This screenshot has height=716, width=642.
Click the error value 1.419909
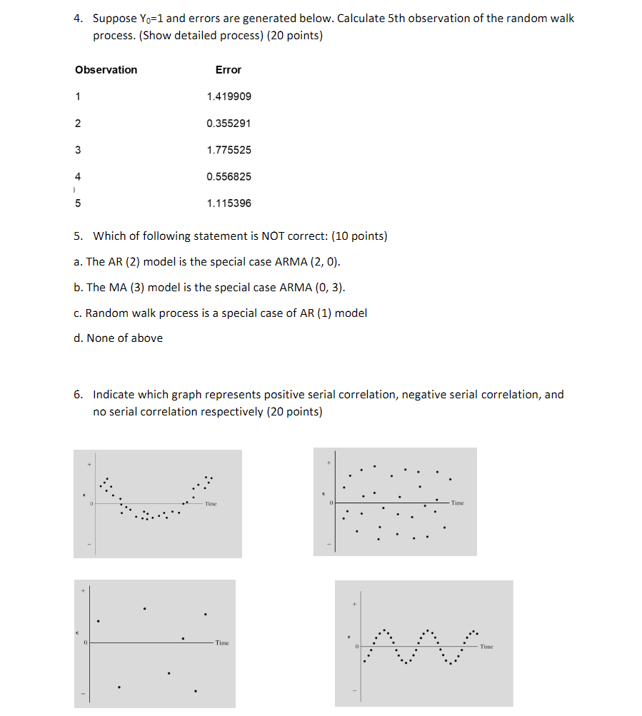pyautogui.click(x=229, y=96)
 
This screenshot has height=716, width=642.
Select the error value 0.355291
pyautogui.click(x=229, y=123)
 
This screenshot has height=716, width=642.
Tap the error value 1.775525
pyautogui.click(x=229, y=150)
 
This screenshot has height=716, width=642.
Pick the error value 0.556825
pyautogui.click(x=229, y=176)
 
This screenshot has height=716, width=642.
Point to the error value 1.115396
pyautogui.click(x=229, y=203)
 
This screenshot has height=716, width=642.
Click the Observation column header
pyautogui.click(x=106, y=69)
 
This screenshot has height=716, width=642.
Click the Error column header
pyautogui.click(x=229, y=69)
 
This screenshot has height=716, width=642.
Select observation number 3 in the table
pyautogui.click(x=78, y=150)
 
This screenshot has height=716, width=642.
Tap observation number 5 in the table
pyautogui.click(x=78, y=203)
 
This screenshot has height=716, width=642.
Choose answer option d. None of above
pyautogui.click(x=118, y=338)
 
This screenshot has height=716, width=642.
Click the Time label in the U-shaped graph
pyautogui.click(x=210, y=504)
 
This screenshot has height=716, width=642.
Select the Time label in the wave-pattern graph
pyautogui.click(x=486, y=647)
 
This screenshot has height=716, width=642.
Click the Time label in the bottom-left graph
pyautogui.click(x=222, y=643)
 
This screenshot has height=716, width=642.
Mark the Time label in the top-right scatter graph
pyautogui.click(x=457, y=503)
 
